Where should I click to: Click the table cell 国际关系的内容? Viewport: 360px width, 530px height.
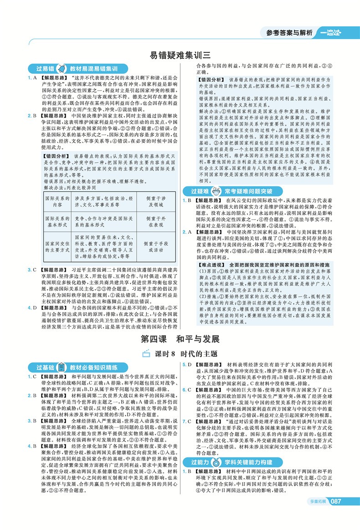pos(57,202)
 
